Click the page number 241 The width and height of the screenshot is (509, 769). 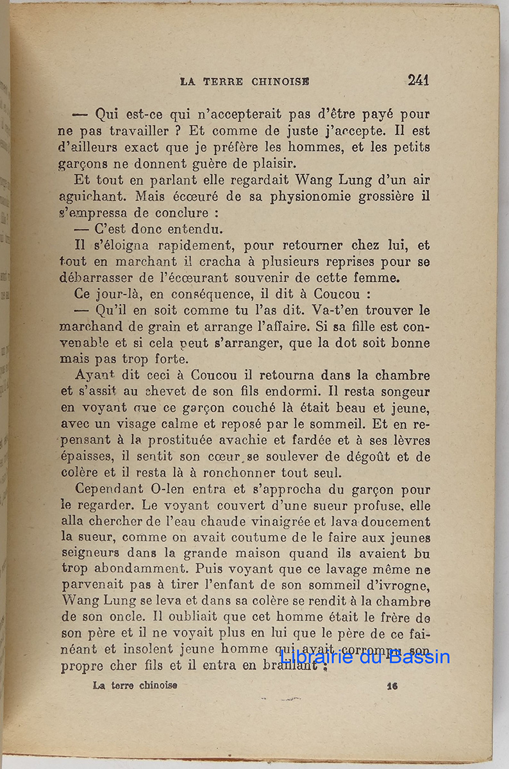tap(418, 80)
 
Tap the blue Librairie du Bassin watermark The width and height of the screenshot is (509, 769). tap(365, 657)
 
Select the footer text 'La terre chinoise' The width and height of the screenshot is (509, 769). tap(135, 685)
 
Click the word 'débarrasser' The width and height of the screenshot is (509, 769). tap(94, 278)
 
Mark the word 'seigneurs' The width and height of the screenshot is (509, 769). tap(90, 553)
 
